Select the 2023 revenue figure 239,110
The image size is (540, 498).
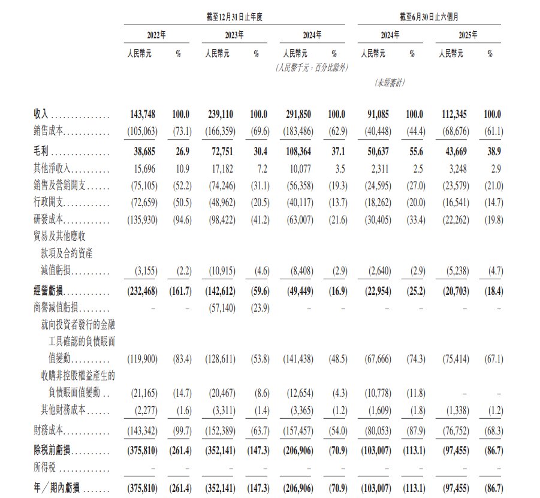[x=220, y=114]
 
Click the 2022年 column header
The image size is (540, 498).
[x=156, y=35]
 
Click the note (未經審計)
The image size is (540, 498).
[x=390, y=83]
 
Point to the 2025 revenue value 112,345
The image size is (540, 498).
[x=454, y=114]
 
